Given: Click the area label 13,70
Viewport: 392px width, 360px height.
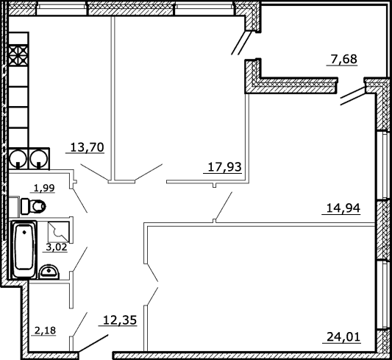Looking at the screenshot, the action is tap(87, 147).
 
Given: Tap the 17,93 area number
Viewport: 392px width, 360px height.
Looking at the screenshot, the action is tap(224, 167).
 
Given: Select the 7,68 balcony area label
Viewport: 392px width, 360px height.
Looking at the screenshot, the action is tap(344, 60).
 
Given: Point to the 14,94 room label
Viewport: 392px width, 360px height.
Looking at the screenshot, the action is tap(343, 208).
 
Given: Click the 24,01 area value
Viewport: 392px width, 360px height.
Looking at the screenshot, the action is tap(343, 336).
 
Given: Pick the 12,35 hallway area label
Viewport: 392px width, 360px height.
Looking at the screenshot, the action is tap(120, 320).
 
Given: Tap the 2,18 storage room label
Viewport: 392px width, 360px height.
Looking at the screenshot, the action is tap(45, 331).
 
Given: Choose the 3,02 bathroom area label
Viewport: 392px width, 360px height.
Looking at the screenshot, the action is tap(57, 247).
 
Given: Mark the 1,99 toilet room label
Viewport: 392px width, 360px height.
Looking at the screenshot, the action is tap(44, 188).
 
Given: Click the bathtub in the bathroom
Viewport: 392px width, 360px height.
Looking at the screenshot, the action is tap(24, 250).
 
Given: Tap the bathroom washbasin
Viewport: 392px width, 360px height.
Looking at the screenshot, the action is tap(49, 272).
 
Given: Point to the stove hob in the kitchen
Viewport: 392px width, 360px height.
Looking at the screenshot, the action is tap(18, 55).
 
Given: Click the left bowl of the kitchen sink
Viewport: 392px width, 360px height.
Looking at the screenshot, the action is tap(18, 159).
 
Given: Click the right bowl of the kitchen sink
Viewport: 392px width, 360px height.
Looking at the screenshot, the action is tap(39, 159).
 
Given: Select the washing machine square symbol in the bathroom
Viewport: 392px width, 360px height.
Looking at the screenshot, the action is tap(59, 232).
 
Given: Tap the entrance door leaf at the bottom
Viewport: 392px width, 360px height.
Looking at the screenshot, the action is tap(93, 343).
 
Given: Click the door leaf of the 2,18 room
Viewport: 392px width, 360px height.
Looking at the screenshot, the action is tap(80, 324).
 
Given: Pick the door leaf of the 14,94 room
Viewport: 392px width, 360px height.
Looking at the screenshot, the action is tap(224, 205).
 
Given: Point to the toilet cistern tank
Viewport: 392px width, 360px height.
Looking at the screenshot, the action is tap(25, 206).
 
